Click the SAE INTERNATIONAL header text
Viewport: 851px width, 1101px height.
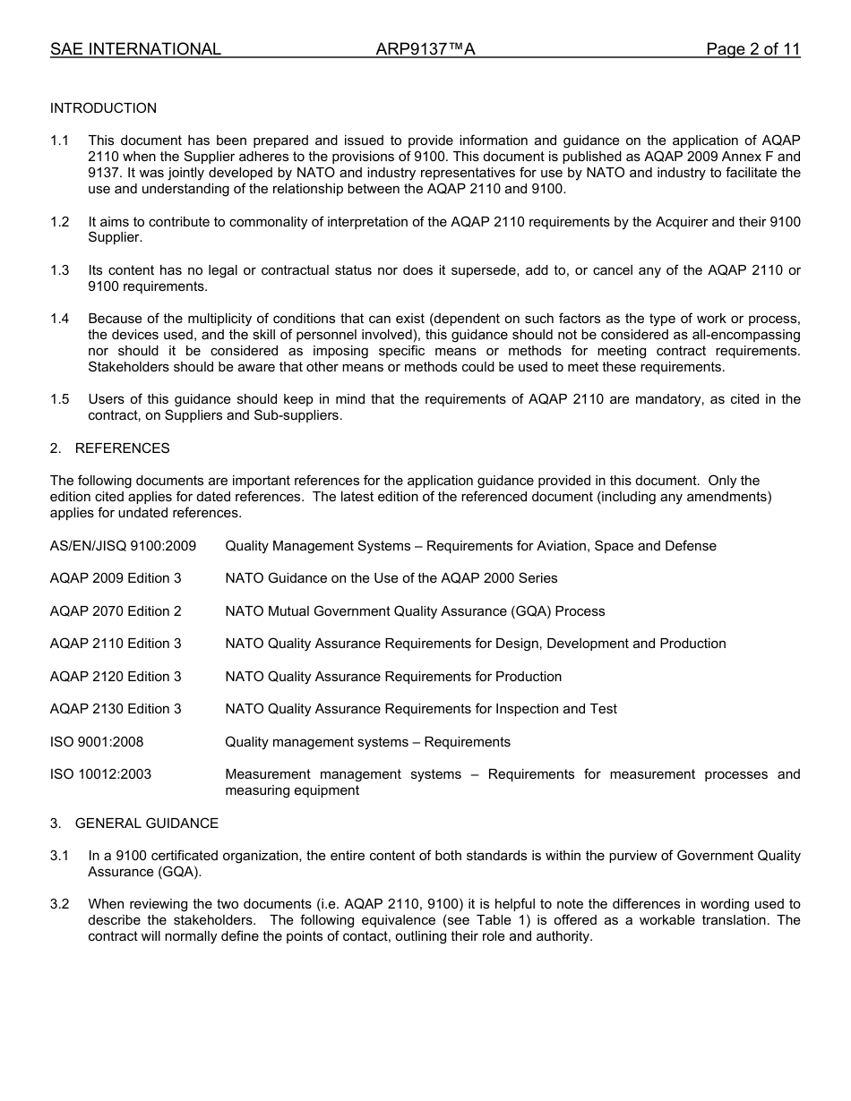point(135,50)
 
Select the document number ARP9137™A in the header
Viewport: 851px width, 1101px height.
point(425,50)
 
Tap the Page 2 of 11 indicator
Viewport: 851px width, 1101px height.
point(752,50)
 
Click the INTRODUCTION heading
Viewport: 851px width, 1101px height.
point(103,108)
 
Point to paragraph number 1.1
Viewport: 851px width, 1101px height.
point(59,141)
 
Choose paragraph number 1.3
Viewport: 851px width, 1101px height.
point(59,271)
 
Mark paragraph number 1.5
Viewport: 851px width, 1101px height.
point(59,399)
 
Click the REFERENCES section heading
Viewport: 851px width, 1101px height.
point(122,448)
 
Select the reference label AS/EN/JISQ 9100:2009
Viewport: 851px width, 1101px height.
point(123,546)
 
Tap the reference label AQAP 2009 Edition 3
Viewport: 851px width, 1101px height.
point(116,578)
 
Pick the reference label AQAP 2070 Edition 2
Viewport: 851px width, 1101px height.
point(116,611)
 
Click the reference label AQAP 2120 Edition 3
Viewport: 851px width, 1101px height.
point(116,677)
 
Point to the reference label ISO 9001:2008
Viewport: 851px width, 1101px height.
point(97,742)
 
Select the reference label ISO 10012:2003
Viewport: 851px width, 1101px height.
point(100,774)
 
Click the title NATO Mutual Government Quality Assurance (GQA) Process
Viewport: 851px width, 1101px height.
point(415,611)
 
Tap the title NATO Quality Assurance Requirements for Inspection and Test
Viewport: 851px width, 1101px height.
point(421,709)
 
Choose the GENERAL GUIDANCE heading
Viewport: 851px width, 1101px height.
point(146,824)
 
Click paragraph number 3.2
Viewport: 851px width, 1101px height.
point(59,904)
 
